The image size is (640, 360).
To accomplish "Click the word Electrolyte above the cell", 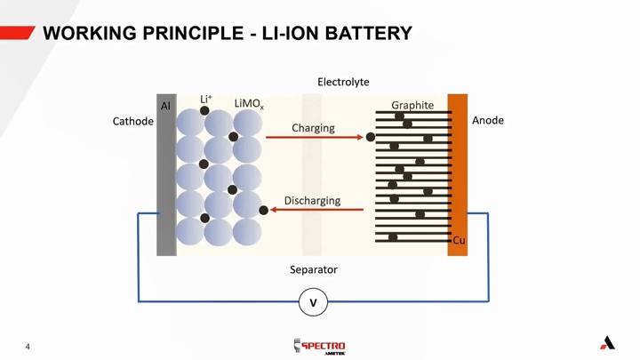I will (x=343, y=82).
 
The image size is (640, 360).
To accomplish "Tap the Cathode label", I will (x=132, y=121).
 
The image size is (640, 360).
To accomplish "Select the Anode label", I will (x=487, y=120).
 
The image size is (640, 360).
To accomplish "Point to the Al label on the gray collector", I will (x=165, y=106).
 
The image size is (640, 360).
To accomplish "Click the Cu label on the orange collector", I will (x=459, y=240).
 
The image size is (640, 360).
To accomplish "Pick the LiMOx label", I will (x=248, y=105).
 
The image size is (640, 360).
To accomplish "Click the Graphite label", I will (x=412, y=105).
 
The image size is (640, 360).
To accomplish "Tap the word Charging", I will (x=313, y=128).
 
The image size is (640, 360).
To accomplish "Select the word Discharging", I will (x=312, y=200).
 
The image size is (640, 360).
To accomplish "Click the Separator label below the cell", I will (x=314, y=269).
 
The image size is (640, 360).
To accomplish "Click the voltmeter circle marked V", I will (x=313, y=303).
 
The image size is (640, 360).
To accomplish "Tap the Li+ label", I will (x=205, y=99).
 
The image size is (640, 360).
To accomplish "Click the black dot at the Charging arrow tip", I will (x=371, y=137).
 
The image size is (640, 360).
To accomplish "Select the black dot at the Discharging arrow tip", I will (x=264, y=210).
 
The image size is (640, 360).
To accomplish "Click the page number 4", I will (x=28, y=346).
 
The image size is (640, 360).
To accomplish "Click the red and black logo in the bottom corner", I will (x=607, y=342).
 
